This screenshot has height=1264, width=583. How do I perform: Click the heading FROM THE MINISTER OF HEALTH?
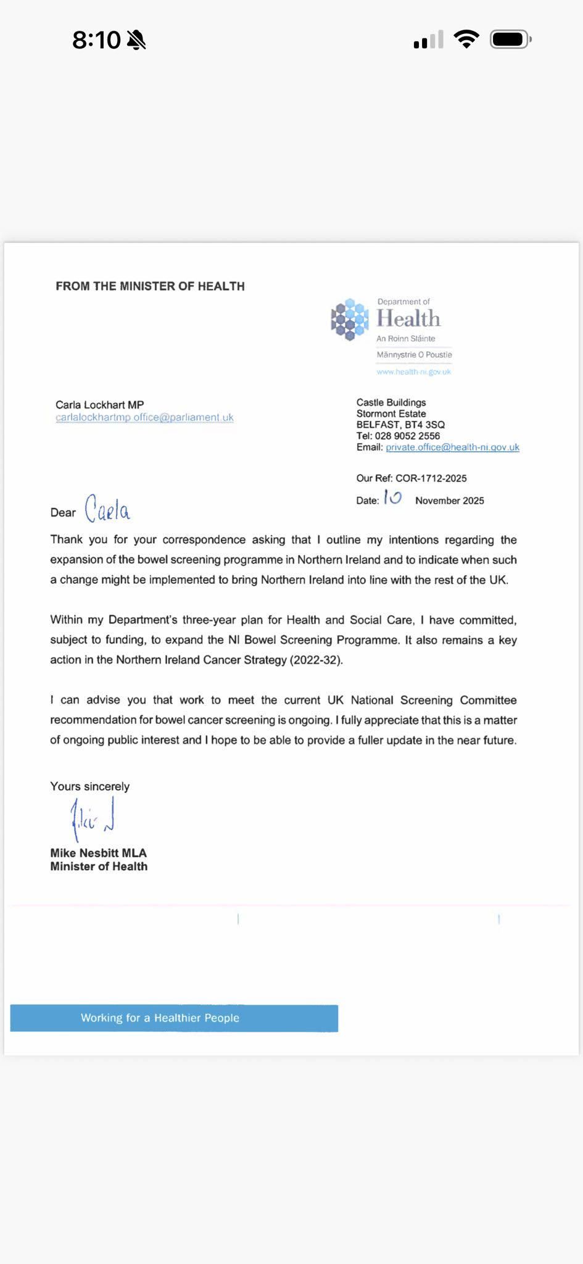coord(150,286)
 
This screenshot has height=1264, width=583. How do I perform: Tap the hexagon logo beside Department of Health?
coord(350,319)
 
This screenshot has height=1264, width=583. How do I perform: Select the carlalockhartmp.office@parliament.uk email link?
coord(144,418)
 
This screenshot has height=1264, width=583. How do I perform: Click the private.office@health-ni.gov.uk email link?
coord(452,447)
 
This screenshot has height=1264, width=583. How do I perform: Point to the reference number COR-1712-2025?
coord(431,478)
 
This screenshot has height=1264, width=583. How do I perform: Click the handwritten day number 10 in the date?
coord(392,497)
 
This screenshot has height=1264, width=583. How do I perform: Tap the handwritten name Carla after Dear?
coord(107,509)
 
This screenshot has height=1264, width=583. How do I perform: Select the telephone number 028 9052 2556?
coord(407,436)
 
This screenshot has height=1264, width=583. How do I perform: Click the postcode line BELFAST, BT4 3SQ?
coord(400,425)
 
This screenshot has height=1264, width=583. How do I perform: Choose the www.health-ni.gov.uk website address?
coord(413,372)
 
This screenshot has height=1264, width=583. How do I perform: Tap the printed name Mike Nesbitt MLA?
coord(99,853)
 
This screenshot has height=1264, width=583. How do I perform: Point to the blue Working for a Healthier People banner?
coord(174,1018)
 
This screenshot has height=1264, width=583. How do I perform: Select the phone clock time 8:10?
coord(96,40)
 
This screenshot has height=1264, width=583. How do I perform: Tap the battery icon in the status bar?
coord(510,40)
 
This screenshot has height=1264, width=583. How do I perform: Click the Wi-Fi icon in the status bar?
coord(466,39)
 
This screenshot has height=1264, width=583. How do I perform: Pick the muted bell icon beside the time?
coord(136,41)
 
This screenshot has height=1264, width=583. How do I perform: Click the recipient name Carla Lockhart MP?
coord(99,405)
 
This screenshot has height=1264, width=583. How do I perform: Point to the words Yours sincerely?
coord(90,786)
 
